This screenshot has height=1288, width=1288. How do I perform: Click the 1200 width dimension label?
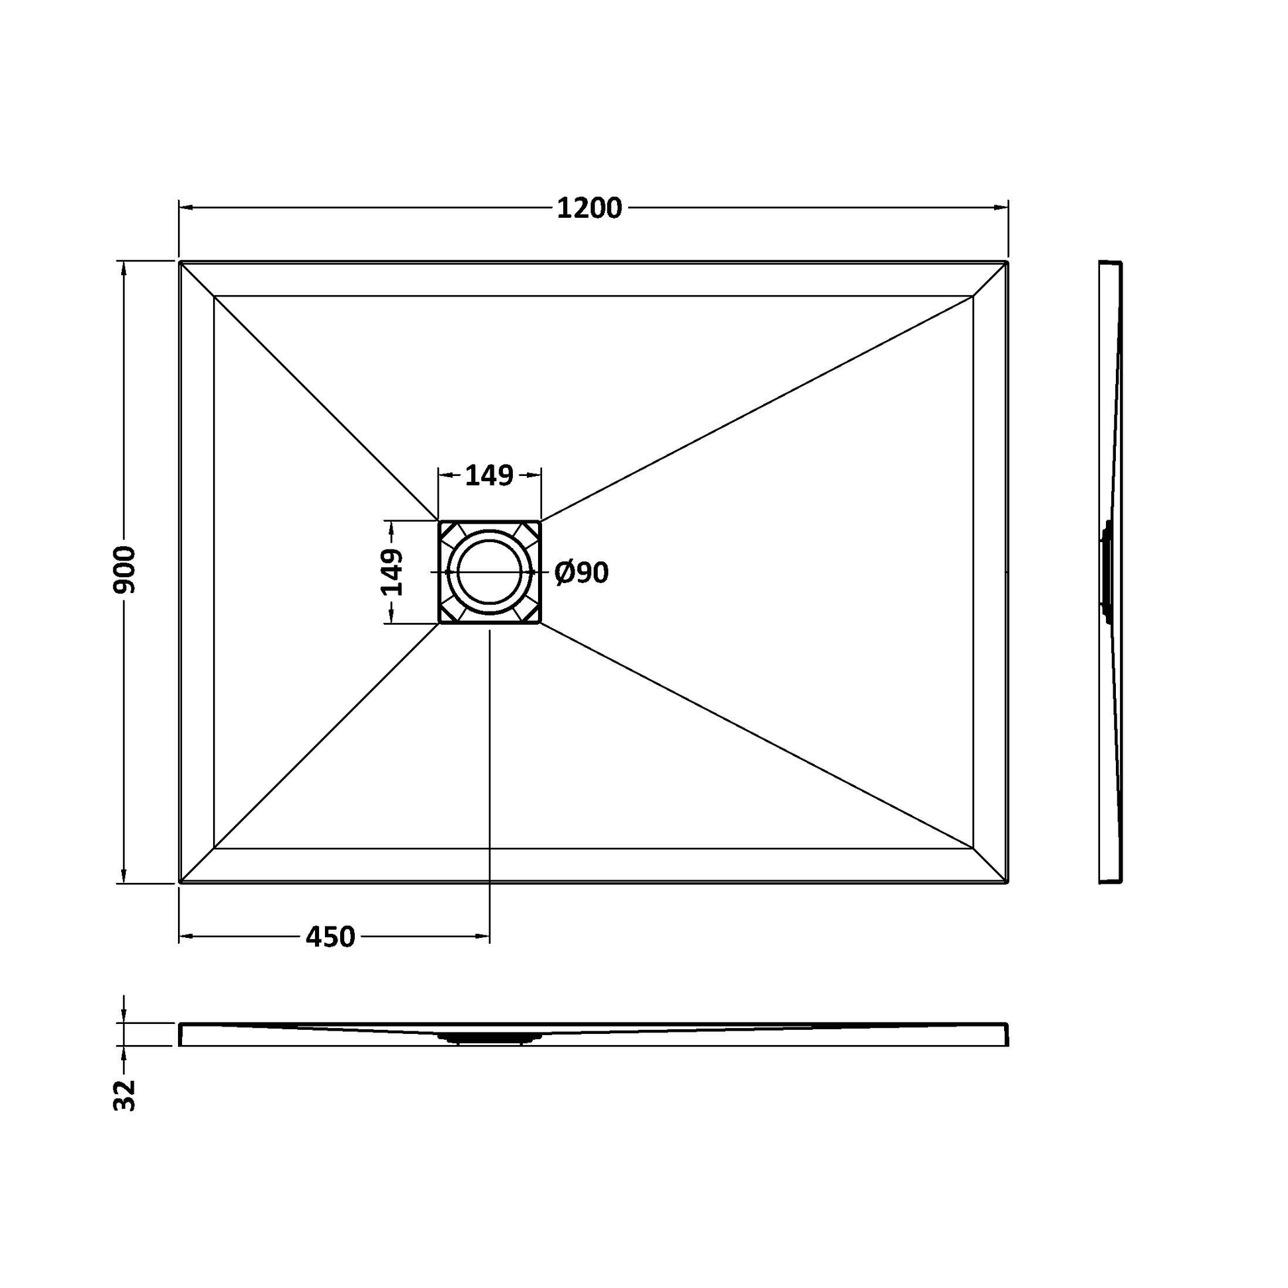(x=589, y=208)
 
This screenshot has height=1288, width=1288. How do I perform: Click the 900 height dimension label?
(x=124, y=570)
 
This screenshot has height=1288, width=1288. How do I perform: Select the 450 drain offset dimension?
(x=331, y=937)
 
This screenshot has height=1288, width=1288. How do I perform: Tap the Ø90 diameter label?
(x=582, y=573)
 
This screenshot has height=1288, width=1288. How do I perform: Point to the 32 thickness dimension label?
(x=124, y=1095)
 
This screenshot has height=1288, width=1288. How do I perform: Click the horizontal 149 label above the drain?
(x=489, y=475)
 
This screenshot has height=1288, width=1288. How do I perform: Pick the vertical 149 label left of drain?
(x=392, y=572)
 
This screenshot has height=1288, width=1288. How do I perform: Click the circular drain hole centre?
(x=489, y=572)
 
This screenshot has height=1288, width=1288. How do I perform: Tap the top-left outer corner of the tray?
(x=180, y=261)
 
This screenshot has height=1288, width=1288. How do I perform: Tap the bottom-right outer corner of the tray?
(x=1007, y=883)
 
